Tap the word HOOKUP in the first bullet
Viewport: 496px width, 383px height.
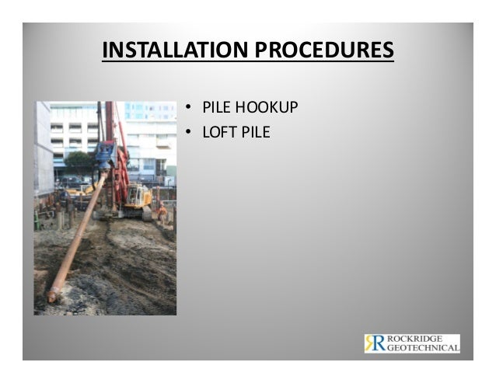pyautogui.click(x=269, y=108)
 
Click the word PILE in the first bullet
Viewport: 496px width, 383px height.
pyautogui.click(x=218, y=108)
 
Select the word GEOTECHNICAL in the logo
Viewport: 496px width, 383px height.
pyautogui.click(x=423, y=349)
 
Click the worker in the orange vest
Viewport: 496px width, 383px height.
pyautogui.click(x=162, y=212)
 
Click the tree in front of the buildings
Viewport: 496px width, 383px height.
pyautogui.click(x=77, y=162)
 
